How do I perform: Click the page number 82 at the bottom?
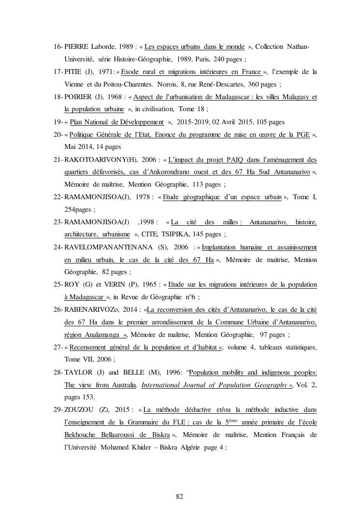click(180, 496)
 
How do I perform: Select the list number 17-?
click(58, 72)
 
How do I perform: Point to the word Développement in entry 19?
click(140, 122)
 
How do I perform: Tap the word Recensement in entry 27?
click(91, 347)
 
